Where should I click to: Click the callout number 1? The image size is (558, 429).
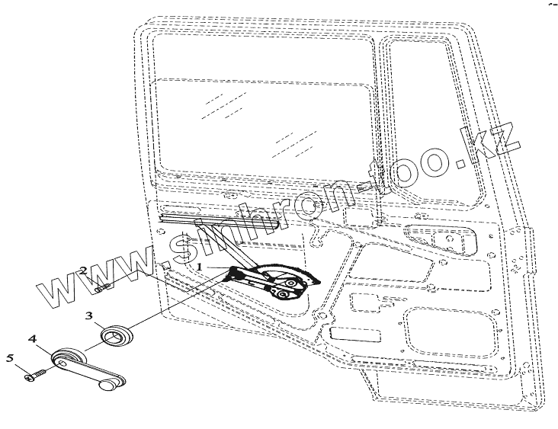[x=200, y=267]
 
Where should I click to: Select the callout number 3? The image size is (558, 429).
[x=89, y=315]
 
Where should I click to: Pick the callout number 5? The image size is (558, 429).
[x=11, y=357]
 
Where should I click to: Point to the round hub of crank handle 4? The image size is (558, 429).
[x=69, y=357]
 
